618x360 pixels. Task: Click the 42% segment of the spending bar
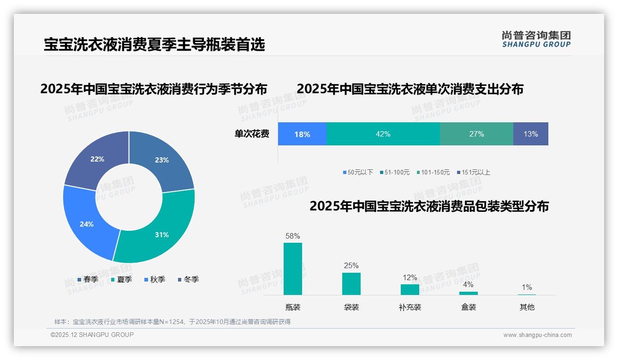tap(383, 134)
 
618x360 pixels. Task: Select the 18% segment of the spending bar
tap(302, 134)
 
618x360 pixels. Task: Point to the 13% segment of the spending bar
tap(530, 134)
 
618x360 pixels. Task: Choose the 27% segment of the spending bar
tap(476, 134)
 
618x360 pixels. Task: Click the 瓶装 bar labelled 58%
tap(293, 269)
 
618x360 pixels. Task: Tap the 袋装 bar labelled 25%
tap(351, 283)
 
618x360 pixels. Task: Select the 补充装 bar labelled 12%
tap(410, 289)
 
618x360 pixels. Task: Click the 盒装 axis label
tap(469, 307)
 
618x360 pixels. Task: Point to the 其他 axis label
tap(527, 307)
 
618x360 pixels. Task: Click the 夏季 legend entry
tap(122, 279)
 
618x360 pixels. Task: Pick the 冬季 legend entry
tap(188, 279)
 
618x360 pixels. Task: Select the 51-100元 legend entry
tap(395, 172)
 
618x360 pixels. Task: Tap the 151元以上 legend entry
tap(474, 172)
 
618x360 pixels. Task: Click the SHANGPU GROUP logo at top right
tap(536, 39)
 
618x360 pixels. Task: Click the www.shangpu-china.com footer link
tap(537, 335)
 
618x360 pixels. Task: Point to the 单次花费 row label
tap(252, 134)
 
